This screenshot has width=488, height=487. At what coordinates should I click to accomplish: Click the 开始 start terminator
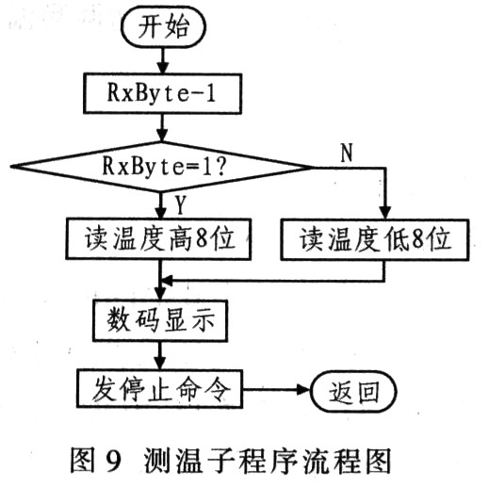point(162,27)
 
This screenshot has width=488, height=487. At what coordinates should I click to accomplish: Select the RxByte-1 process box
point(163,93)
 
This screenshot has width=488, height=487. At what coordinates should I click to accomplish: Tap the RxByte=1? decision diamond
point(163,166)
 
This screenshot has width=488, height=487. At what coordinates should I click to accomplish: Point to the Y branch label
point(179,202)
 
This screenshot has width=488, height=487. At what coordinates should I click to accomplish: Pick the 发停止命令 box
point(156,388)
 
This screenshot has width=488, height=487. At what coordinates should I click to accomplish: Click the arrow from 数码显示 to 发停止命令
point(163,355)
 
